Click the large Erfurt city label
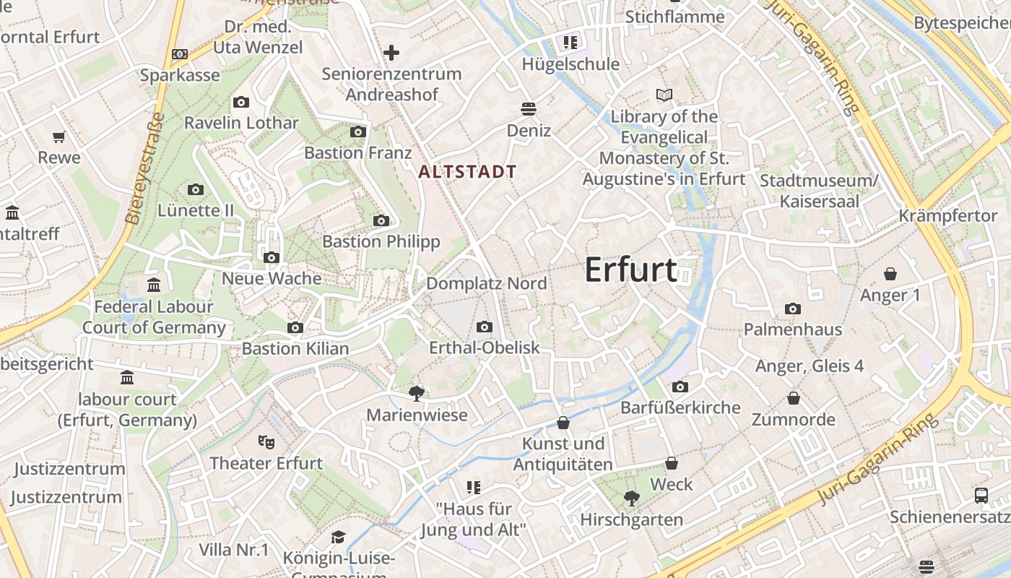pyautogui.click(x=630, y=269)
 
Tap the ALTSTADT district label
pyautogui.click(x=467, y=172)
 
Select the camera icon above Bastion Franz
pyautogui.click(x=358, y=131)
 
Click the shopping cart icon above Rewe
pyautogui.click(x=59, y=137)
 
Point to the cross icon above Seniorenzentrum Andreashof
pyautogui.click(x=391, y=53)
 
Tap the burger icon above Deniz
pyautogui.click(x=529, y=109)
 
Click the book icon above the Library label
pyautogui.click(x=664, y=95)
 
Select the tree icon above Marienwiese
pyautogui.click(x=416, y=393)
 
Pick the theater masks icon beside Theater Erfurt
pyautogui.click(x=266, y=441)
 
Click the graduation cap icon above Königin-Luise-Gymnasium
pyautogui.click(x=338, y=537)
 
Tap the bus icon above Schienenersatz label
pyautogui.click(x=981, y=496)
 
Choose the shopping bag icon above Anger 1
pyautogui.click(x=890, y=274)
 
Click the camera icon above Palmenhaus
pyautogui.click(x=792, y=309)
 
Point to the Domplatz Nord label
pyautogui.click(x=486, y=283)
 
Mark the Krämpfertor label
pyautogui.click(x=947, y=216)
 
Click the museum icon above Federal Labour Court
pyautogui.click(x=154, y=285)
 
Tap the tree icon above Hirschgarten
pyautogui.click(x=631, y=498)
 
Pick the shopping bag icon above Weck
pyautogui.click(x=672, y=462)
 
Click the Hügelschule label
pyautogui.click(x=570, y=64)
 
